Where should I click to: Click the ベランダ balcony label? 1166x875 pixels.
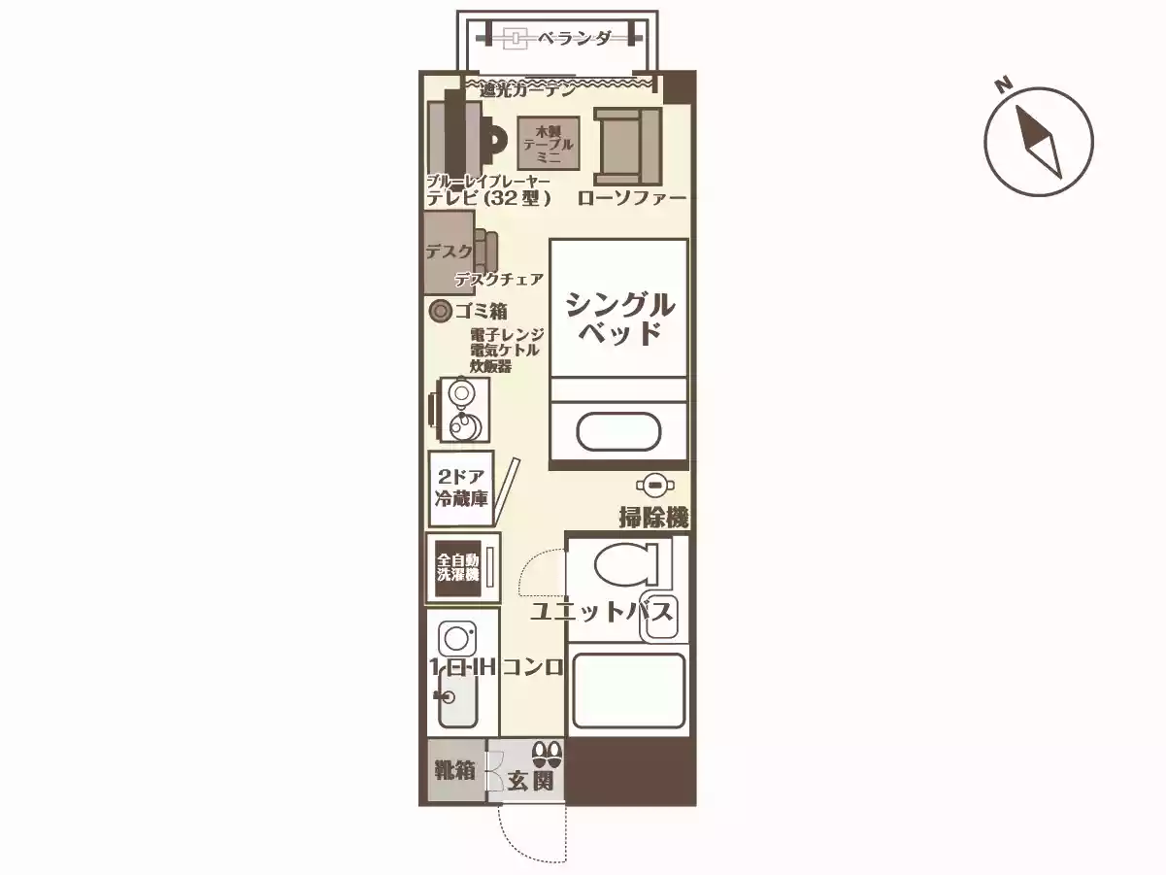[x=575, y=39]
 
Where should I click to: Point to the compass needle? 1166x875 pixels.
[x=1038, y=142]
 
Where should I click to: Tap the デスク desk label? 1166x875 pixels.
[x=449, y=252]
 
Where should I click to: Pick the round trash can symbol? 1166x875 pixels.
[x=440, y=311]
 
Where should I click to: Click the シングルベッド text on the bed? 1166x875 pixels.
[x=619, y=318]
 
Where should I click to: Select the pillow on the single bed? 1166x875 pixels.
[x=618, y=430]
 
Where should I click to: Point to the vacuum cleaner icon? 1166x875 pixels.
[x=655, y=485]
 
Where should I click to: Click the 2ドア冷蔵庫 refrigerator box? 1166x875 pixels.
[x=461, y=489]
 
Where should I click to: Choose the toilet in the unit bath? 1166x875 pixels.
[x=626, y=562]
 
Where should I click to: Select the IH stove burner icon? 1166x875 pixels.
[x=456, y=638]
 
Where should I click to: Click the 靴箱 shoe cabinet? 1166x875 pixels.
[x=454, y=771]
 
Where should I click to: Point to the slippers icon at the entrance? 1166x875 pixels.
[x=547, y=753]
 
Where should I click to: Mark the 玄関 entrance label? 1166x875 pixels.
[x=530, y=781]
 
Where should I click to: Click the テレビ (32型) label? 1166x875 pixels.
[x=489, y=198]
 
